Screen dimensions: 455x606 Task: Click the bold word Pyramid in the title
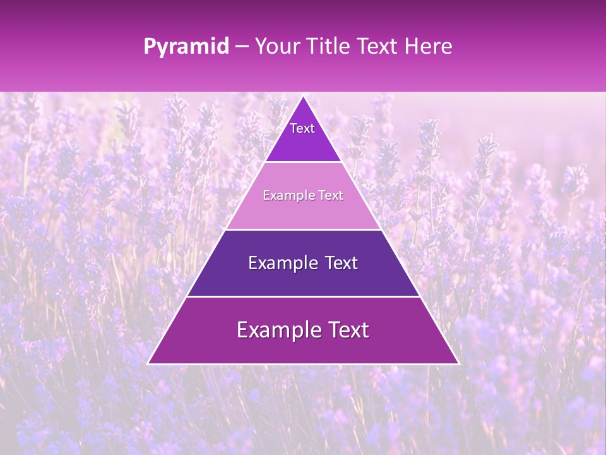pos(186,47)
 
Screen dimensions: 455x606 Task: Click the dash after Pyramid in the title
pos(241,47)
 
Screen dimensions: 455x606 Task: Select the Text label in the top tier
pos(302,128)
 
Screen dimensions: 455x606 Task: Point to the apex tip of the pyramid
pos(303,97)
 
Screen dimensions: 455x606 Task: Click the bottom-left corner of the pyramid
pos(148,363)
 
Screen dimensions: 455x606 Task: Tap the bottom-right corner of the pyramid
pos(458,363)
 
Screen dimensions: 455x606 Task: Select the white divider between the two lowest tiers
pos(303,296)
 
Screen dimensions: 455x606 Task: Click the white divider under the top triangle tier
pos(303,162)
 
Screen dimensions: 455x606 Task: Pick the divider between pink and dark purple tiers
pos(303,229)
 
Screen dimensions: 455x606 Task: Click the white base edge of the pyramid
pos(303,364)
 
